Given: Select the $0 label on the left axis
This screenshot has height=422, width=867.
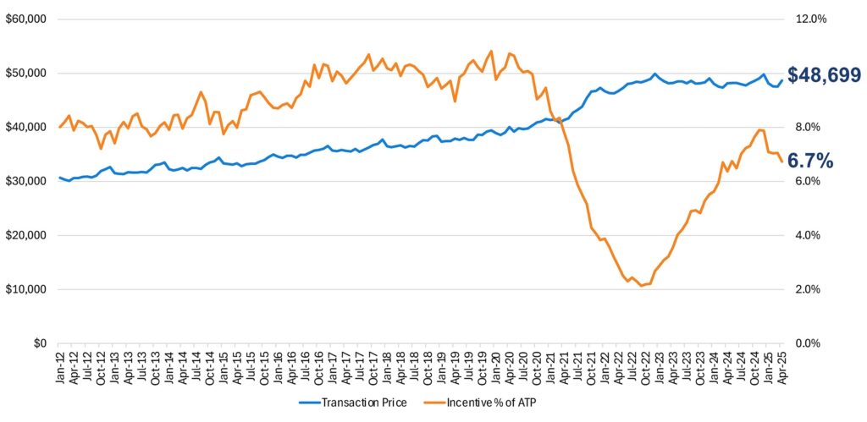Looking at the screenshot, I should pos(40,343).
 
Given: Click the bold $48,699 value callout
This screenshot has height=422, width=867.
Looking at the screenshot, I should pos(824,75).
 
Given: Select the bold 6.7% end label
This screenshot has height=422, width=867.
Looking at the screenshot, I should pos(810,159).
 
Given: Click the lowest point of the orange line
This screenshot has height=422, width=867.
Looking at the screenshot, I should pos(641,286).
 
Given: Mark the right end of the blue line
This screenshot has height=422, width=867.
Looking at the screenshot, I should pos(781,80).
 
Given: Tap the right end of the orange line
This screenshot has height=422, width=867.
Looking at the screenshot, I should pos(781,162).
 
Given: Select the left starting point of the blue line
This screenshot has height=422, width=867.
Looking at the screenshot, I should pos(60,178).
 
